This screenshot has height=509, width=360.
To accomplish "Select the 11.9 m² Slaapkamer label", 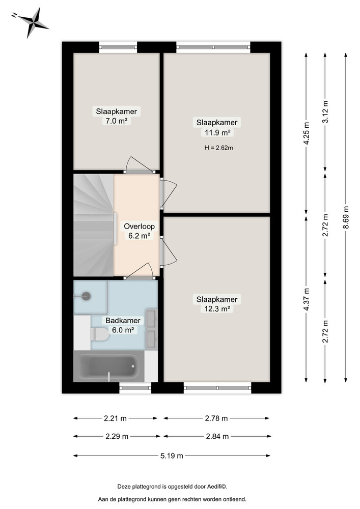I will click(x=217, y=127).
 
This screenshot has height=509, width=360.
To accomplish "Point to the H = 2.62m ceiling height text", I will click(x=217, y=148).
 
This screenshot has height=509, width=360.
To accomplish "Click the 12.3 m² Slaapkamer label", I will click(x=217, y=304).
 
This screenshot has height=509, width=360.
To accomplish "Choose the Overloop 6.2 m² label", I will click(x=139, y=231).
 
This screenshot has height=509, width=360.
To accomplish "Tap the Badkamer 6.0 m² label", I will click(x=123, y=325).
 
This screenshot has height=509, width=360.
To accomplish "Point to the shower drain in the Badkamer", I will click(x=86, y=295).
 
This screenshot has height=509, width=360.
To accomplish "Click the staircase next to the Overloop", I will click(x=93, y=225).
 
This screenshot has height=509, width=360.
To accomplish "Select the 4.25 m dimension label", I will click(x=306, y=134).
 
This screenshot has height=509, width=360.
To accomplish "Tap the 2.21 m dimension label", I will click(x=115, y=418).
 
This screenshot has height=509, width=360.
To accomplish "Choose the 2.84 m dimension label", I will click(x=217, y=436).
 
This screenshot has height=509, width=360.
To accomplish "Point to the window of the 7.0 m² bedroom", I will click(x=118, y=47).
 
